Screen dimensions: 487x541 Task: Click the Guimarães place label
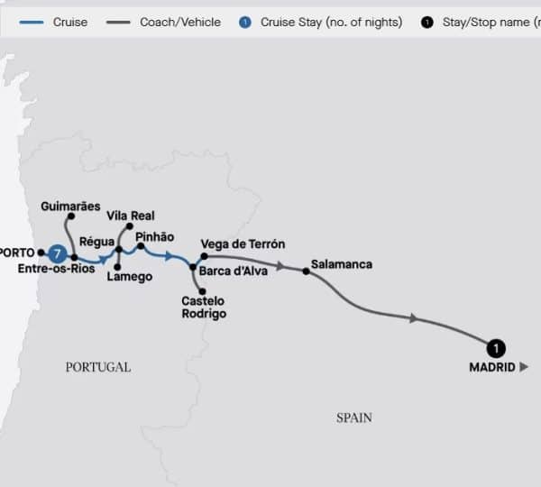(x=70, y=207)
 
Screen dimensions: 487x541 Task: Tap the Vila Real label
(x=131, y=216)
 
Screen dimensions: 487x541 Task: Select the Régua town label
(x=96, y=241)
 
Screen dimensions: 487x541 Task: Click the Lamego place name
(x=129, y=277)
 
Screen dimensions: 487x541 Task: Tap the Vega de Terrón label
(x=243, y=244)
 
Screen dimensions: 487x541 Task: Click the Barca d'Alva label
(x=234, y=270)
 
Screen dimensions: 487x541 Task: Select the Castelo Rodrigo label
(x=204, y=308)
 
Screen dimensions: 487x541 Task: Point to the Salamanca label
(x=341, y=264)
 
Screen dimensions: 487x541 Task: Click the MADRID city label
(x=492, y=367)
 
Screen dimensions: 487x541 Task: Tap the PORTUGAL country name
(x=98, y=367)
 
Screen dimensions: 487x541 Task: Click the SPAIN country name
(x=354, y=418)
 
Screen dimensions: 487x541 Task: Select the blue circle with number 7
(x=58, y=253)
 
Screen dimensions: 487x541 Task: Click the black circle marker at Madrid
(x=494, y=347)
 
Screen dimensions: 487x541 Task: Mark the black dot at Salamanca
(x=306, y=271)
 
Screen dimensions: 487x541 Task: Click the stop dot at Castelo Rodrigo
(x=204, y=290)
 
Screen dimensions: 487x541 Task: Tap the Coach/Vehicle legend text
(x=180, y=22)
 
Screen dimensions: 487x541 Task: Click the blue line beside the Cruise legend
(x=28, y=22)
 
